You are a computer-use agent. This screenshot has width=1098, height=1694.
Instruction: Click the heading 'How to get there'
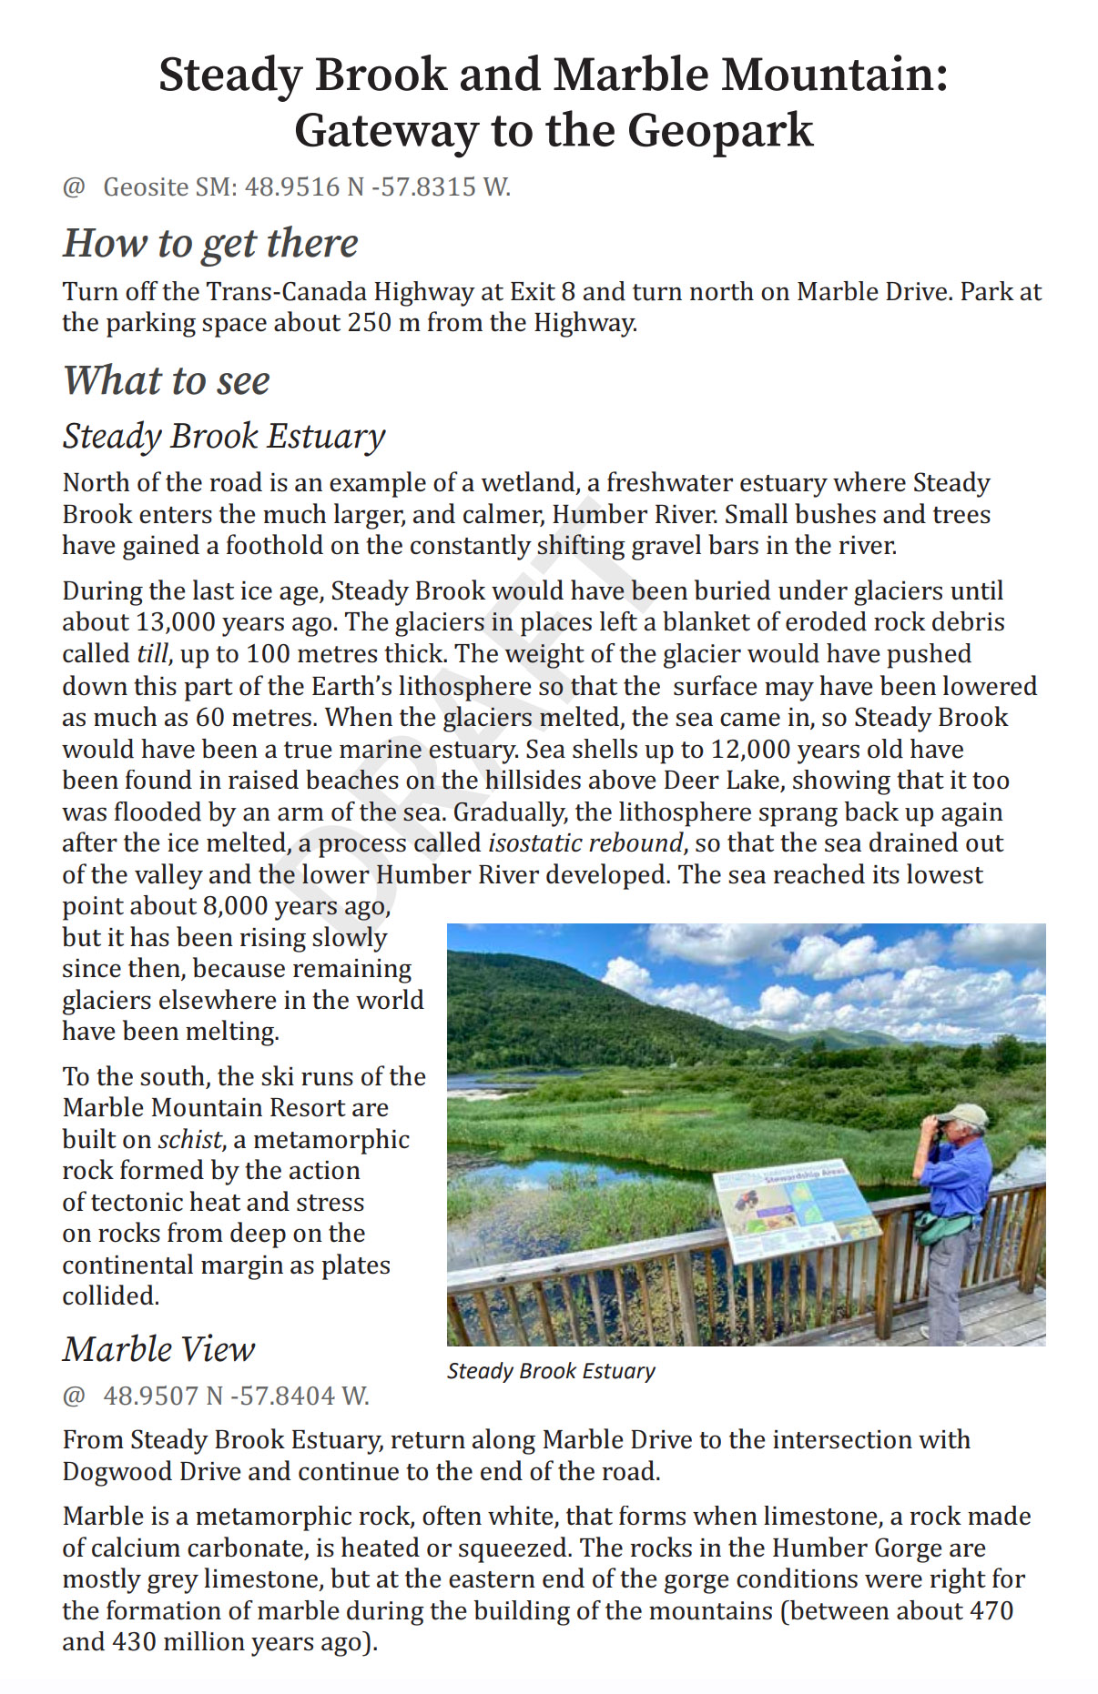tap(210, 244)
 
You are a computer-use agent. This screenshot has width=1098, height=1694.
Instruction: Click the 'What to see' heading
tap(167, 380)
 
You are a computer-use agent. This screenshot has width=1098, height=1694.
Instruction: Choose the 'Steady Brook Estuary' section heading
tap(224, 437)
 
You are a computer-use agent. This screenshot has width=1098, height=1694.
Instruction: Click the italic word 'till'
tap(152, 654)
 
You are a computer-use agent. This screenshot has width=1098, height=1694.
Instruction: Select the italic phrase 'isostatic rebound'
tap(585, 843)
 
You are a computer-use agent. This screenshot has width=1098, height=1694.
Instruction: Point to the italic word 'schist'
tap(189, 1140)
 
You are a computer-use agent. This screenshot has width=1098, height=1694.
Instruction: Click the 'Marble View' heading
tap(159, 1349)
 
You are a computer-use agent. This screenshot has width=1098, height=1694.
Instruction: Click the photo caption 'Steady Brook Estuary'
tap(551, 1371)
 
